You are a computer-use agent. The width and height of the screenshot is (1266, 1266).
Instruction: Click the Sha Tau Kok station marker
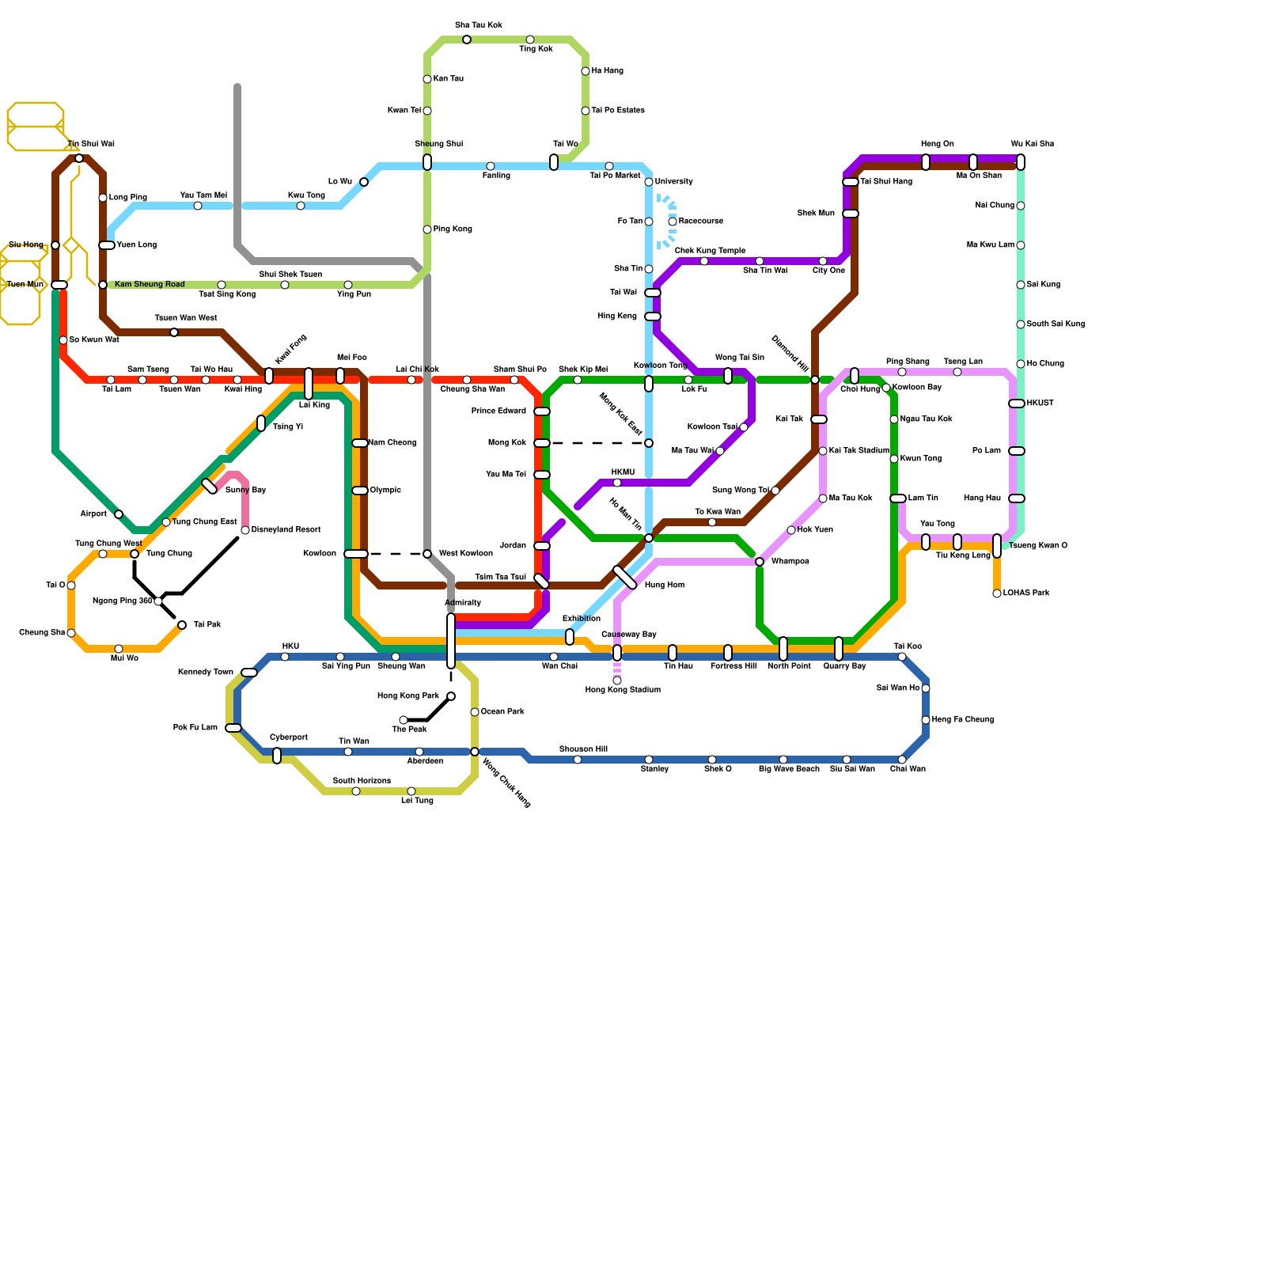(467, 40)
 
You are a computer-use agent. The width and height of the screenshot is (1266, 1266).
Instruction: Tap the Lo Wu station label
(340, 182)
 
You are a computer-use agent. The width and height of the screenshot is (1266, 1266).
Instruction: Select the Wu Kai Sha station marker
(1021, 162)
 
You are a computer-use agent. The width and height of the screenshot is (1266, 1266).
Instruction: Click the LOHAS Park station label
(1026, 593)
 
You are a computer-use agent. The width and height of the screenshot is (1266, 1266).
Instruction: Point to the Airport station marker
(119, 514)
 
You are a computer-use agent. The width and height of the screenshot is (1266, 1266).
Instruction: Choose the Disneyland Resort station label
(286, 530)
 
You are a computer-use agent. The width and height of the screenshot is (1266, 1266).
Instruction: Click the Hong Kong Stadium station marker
(617, 680)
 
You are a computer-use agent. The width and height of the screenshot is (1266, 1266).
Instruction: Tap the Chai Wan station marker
(902, 760)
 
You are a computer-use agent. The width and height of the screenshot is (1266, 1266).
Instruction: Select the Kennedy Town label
(206, 673)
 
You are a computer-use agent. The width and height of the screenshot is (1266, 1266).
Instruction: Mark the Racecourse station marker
(673, 222)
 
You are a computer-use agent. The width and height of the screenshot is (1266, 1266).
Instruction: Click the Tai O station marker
(71, 586)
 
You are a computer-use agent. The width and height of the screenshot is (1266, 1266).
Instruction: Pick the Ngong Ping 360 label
(123, 601)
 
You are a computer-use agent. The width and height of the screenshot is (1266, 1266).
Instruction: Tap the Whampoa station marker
(760, 562)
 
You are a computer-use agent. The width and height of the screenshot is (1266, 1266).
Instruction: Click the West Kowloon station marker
(427, 554)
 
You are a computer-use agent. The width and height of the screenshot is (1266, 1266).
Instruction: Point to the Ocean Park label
(502, 712)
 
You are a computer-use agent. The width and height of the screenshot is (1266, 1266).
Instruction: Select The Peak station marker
(404, 720)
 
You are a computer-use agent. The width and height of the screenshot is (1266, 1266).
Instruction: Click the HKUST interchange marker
(1017, 404)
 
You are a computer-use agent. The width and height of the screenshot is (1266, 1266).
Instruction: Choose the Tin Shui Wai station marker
(79, 158)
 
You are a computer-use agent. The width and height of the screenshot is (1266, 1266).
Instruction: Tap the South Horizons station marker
(356, 791)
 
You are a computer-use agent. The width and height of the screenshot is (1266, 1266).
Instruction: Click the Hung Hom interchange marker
(625, 578)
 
